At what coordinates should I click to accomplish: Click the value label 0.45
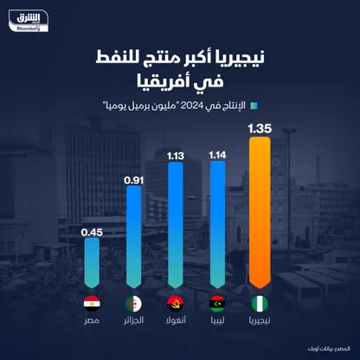point(92,231)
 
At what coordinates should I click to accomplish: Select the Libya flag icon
point(216,304)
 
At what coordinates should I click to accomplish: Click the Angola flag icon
point(175,304)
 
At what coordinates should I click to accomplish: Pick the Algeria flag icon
point(133,304)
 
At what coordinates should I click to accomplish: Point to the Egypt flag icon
point(92,304)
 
